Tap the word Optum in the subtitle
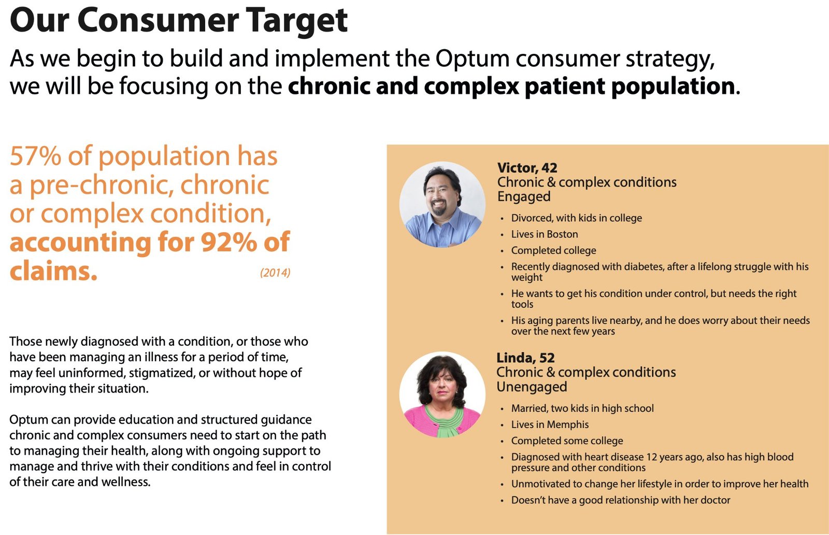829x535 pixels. [465, 58]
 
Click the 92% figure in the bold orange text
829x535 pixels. [227, 242]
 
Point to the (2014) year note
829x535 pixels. [275, 273]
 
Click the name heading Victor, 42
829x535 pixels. [527, 168]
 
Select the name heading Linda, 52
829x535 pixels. [525, 358]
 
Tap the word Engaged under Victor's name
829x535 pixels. [524, 197]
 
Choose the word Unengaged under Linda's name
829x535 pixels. [532, 387]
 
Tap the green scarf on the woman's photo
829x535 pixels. [442, 423]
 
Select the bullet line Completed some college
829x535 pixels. [567, 441]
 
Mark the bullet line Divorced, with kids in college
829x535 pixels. [576, 218]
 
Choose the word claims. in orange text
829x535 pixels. [53, 271]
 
